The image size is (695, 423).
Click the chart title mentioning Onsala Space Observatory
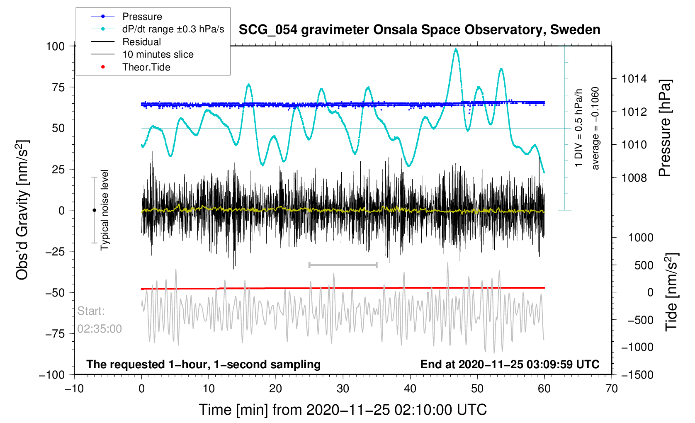click(419, 30)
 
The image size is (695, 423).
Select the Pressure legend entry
click(142, 17)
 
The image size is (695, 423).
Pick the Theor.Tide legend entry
click(146, 67)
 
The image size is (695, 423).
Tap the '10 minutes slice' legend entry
click(158, 54)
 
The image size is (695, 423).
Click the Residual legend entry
click(141, 42)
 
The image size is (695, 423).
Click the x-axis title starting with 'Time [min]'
click(343, 410)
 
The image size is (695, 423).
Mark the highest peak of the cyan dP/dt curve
click(456, 49)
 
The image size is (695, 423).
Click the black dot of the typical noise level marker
click(94, 210)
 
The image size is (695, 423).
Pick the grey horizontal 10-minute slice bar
click(343, 265)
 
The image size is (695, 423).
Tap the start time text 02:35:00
click(100, 329)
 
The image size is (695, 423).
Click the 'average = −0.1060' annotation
click(595, 129)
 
